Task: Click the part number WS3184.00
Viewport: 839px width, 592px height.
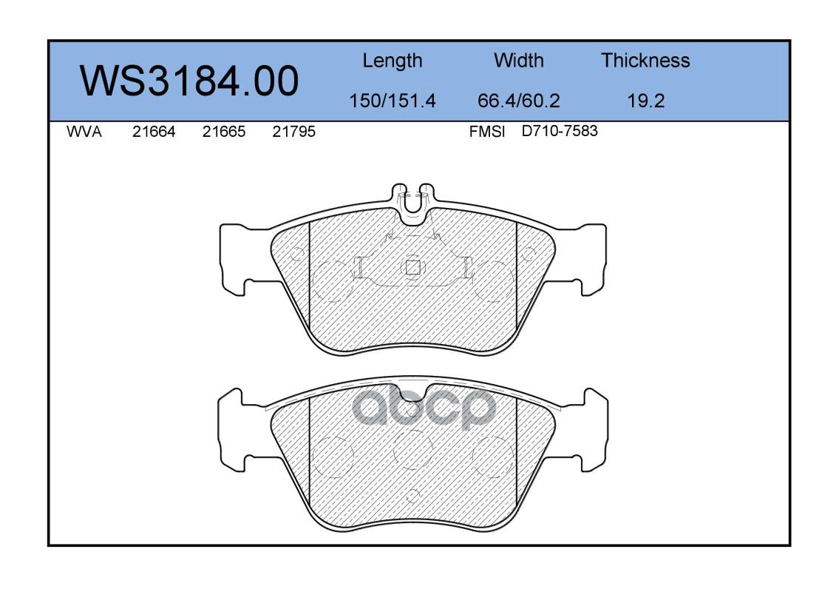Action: coord(189,81)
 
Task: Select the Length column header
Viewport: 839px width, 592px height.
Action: coord(393,61)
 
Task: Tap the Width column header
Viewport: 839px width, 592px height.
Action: coord(518,60)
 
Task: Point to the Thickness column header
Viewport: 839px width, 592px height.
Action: coord(645,60)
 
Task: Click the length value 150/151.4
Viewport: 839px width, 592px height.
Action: coord(393,101)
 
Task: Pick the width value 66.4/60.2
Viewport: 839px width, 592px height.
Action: coord(518,101)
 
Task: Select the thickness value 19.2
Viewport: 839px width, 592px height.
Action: coord(646,101)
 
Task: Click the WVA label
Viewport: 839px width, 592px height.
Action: coord(84,132)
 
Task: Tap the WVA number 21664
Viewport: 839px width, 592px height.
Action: coord(154,132)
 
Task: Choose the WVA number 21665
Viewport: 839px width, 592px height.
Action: coord(224,132)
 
